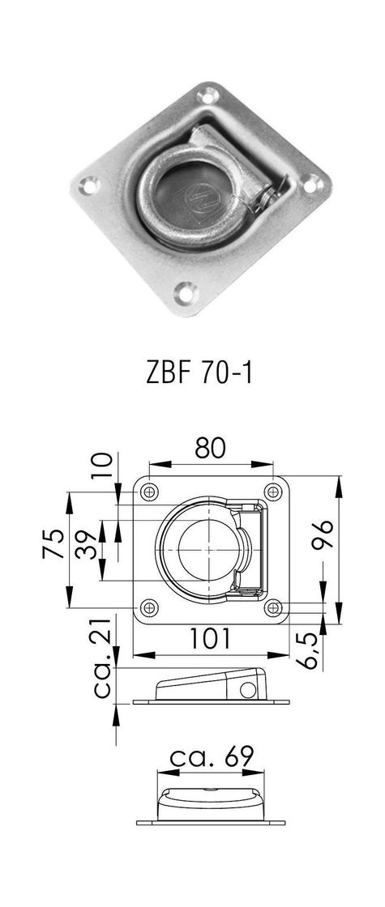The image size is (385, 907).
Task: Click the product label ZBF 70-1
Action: [192, 374]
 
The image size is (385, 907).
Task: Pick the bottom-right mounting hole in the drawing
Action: [273, 607]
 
